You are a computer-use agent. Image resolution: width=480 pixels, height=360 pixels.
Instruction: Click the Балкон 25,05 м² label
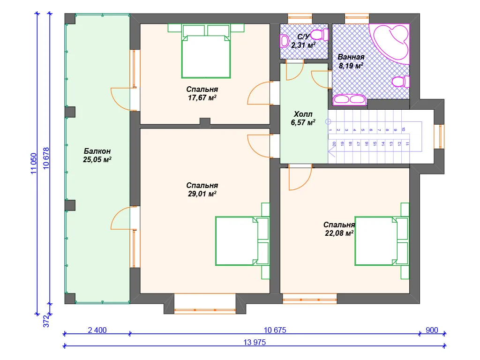[97, 155]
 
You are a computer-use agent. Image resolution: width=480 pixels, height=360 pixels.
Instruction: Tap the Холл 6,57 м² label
[303, 118]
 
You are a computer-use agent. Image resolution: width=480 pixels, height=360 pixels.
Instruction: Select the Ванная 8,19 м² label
[351, 61]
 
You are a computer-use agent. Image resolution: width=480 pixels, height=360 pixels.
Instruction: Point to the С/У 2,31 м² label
[303, 41]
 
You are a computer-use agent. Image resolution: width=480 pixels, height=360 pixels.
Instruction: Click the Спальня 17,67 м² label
[202, 93]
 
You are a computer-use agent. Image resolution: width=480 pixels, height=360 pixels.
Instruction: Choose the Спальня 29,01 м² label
[202, 189]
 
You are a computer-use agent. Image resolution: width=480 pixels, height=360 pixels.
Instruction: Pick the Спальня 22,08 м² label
[339, 229]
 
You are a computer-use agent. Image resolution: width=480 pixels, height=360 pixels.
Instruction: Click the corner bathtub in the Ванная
[390, 44]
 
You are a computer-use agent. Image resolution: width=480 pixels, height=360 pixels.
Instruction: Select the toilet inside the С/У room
[320, 34]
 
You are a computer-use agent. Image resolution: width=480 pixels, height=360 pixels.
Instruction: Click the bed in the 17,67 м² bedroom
[206, 51]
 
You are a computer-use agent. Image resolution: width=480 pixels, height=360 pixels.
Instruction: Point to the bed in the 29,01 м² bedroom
[242, 241]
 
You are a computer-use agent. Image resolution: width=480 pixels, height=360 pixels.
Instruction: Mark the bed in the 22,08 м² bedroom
[382, 241]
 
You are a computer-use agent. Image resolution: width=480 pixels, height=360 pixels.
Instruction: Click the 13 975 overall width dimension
[255, 342]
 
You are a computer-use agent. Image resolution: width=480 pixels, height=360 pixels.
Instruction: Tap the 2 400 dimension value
[97, 330]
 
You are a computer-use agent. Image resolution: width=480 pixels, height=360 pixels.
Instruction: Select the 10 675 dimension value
[275, 330]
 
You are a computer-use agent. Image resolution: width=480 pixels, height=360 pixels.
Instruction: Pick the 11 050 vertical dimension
[34, 164]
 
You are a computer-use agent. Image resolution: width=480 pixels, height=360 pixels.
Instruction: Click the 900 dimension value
[432, 330]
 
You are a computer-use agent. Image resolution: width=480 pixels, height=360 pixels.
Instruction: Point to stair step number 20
[334, 143]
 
